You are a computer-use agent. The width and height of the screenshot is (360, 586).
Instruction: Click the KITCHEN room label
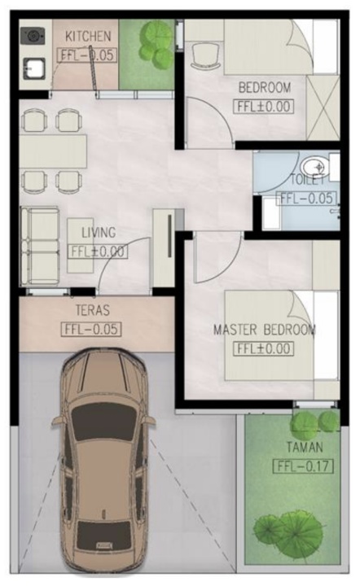(x=88, y=37)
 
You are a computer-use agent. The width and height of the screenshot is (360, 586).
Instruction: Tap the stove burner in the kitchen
(x=32, y=36)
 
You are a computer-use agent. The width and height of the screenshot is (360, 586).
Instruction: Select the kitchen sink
(x=34, y=68)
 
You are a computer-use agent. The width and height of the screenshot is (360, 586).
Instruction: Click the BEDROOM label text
(x=265, y=88)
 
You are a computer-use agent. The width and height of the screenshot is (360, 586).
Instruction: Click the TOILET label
(x=307, y=179)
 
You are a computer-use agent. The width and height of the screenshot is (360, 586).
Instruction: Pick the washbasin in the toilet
(x=314, y=167)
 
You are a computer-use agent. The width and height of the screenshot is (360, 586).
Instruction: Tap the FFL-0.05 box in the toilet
(x=306, y=198)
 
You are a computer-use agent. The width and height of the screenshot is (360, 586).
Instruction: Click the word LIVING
(x=99, y=233)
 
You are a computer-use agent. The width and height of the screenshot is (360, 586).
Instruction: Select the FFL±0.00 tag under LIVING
(x=98, y=251)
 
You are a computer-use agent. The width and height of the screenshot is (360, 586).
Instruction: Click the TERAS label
(x=93, y=310)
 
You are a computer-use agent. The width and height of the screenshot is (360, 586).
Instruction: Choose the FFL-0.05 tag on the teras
(x=91, y=330)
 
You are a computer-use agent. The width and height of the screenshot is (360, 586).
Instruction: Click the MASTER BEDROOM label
(x=265, y=330)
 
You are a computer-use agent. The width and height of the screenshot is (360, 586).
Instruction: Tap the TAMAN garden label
(x=305, y=447)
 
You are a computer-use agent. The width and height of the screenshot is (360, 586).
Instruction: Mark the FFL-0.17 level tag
(x=303, y=466)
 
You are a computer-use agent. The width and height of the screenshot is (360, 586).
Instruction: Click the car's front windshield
(x=104, y=422)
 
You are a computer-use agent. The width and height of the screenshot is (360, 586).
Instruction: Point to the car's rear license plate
(x=104, y=545)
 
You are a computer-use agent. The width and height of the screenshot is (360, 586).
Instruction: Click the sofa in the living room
(x=40, y=246)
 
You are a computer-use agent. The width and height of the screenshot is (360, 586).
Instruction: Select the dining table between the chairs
(x=53, y=152)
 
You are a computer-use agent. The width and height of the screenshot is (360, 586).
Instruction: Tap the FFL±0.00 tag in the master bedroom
(x=264, y=348)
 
